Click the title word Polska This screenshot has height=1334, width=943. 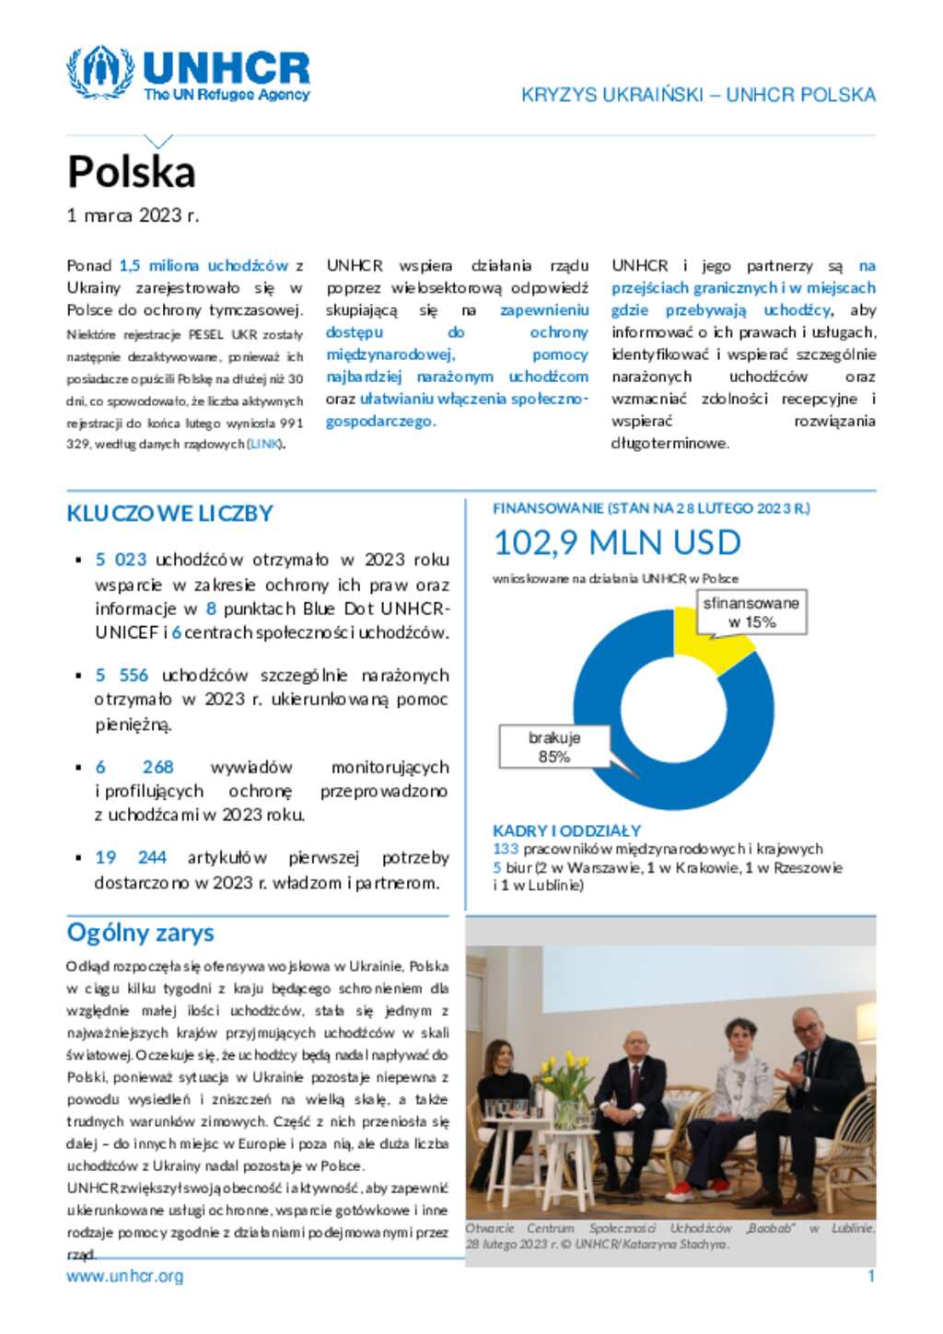point(132,172)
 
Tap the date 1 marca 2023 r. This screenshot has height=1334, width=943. point(133,215)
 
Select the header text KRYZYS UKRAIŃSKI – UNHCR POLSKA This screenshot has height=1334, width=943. point(698,95)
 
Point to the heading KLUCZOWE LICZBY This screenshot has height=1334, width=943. point(170,514)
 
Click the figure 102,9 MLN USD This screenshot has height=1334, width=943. point(617,543)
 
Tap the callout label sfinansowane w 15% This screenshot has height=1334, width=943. point(751,612)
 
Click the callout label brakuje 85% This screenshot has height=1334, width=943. point(553,747)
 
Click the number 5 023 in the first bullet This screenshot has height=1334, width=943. point(121,560)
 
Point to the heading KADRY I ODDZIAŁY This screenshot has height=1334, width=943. point(567,830)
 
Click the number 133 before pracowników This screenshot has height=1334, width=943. point(506,849)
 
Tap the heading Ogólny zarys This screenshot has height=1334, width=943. point(140,933)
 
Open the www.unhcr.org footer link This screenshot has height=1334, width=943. point(125,1277)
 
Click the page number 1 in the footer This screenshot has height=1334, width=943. point(871,1276)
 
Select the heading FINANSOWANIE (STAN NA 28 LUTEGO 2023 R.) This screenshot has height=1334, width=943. point(651,508)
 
